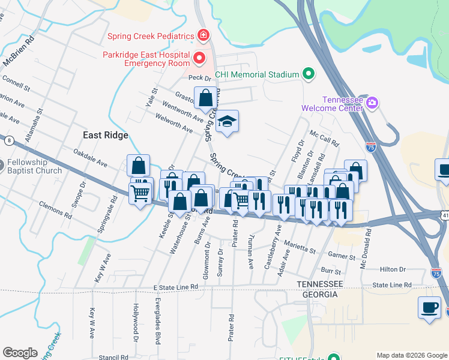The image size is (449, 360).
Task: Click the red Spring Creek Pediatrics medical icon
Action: click(x=203, y=36)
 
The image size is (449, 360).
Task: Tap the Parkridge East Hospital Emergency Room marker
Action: click(x=199, y=58)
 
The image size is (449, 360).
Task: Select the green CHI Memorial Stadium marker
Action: click(x=309, y=74)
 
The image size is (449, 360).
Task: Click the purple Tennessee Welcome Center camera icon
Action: click(x=372, y=103)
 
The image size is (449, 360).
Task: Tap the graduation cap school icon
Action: click(x=227, y=122)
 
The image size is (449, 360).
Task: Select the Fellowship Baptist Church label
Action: click(x=35, y=167)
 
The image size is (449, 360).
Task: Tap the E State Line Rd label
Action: click(x=175, y=287)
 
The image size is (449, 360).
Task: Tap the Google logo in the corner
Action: click(x=20, y=353)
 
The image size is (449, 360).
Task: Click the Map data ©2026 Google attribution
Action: click(x=411, y=355)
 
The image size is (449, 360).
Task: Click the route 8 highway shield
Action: click(x=9, y=140)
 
